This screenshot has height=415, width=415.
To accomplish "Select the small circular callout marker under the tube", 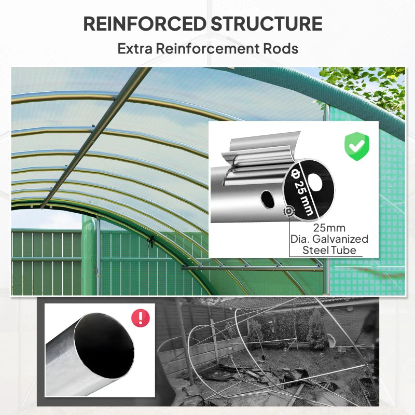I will tap(288, 211).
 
